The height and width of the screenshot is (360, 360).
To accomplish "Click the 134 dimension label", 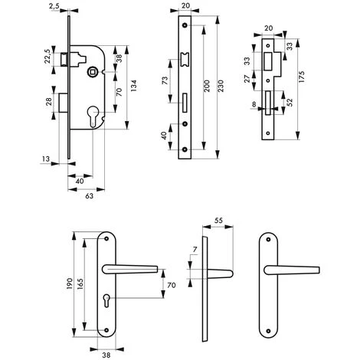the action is click(134, 86).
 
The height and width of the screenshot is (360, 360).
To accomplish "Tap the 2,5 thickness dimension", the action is click(54, 6).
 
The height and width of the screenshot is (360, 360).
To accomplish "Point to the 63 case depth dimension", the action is click(89, 196).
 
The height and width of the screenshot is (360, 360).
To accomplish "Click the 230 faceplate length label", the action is click(221, 86).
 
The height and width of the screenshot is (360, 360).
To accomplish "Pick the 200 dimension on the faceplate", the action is click(207, 86).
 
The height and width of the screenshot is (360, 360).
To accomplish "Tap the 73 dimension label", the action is click(165, 80).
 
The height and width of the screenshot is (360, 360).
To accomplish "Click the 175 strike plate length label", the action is click(302, 77).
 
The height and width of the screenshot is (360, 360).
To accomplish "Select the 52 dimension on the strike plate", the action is click(290, 103).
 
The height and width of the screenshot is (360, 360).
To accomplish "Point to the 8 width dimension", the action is click(254, 104).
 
